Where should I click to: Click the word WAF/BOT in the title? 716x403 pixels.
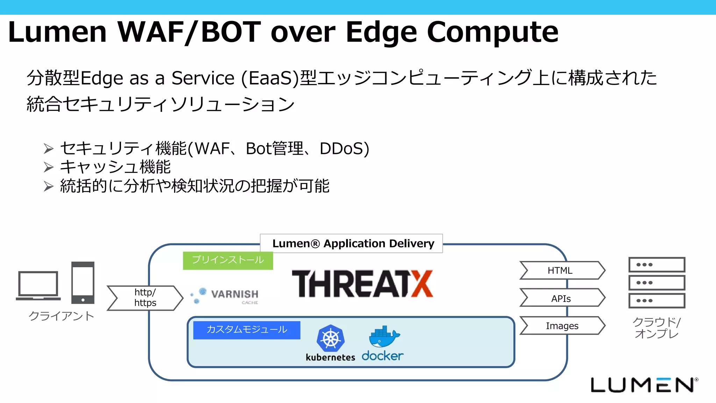point(189,32)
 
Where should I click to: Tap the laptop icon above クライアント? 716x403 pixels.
point(38,285)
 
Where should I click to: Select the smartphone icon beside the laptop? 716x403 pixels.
point(83,283)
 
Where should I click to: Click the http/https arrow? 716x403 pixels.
point(145,298)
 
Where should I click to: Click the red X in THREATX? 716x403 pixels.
point(422,284)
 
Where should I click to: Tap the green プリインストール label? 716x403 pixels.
point(228,260)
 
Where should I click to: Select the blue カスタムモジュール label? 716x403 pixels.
point(246,330)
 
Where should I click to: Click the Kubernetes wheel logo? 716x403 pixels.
point(330,338)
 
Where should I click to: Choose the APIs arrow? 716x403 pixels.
point(561,298)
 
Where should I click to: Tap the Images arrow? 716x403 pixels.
point(561,326)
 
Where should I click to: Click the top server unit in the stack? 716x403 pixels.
point(657,265)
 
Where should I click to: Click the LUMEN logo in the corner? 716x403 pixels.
point(643,385)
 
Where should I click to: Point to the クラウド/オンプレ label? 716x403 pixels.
point(656,328)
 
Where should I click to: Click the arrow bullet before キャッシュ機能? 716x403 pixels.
point(49,167)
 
